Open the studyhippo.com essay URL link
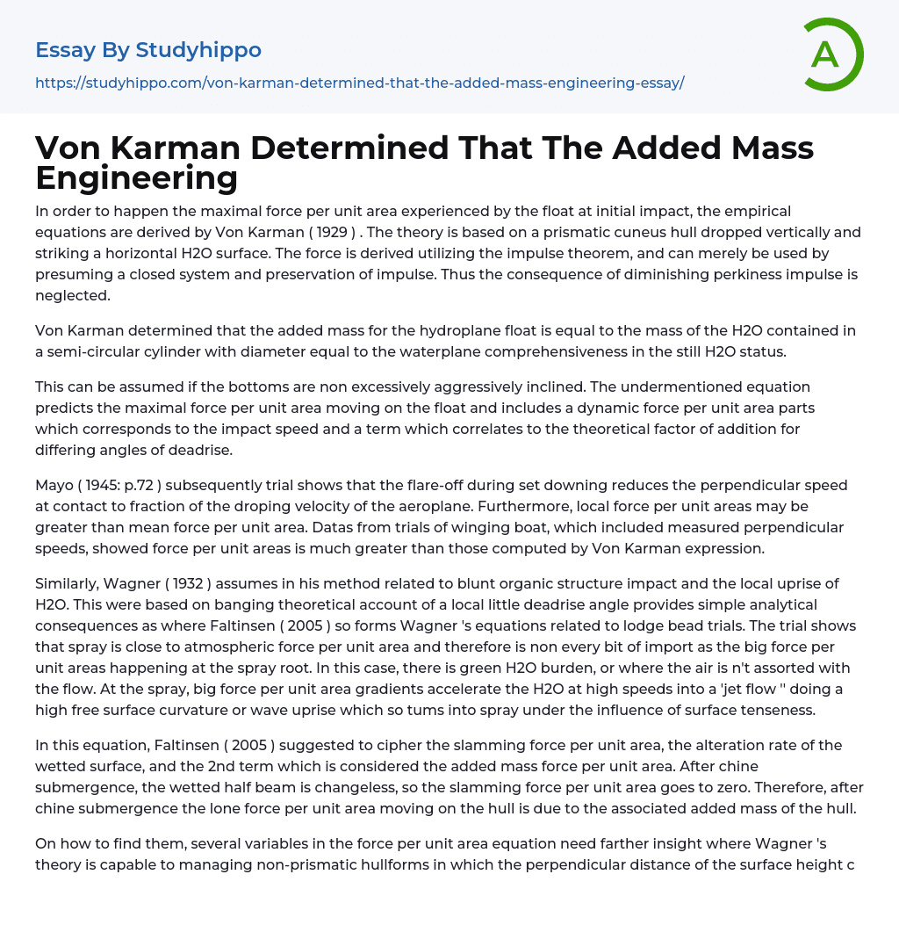tap(359, 83)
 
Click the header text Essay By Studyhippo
tap(148, 50)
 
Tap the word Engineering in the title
tap(136, 178)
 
